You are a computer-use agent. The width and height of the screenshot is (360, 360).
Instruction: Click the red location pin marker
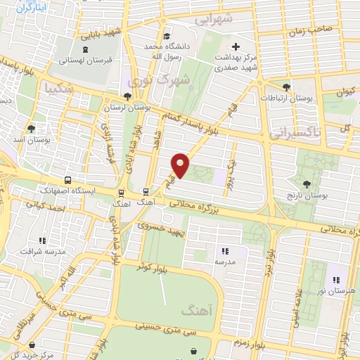click(181, 165)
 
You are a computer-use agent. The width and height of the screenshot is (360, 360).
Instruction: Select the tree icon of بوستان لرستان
click(127, 97)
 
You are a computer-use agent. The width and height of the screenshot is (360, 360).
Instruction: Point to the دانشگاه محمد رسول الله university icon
click(167, 37)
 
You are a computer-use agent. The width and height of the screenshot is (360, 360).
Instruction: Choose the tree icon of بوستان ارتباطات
click(285, 87)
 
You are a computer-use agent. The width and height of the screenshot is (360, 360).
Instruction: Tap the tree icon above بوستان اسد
click(30, 128)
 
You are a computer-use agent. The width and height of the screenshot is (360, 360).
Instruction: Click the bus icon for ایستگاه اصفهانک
click(67, 180)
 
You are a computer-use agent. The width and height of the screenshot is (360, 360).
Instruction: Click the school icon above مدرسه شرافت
click(43, 241)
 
